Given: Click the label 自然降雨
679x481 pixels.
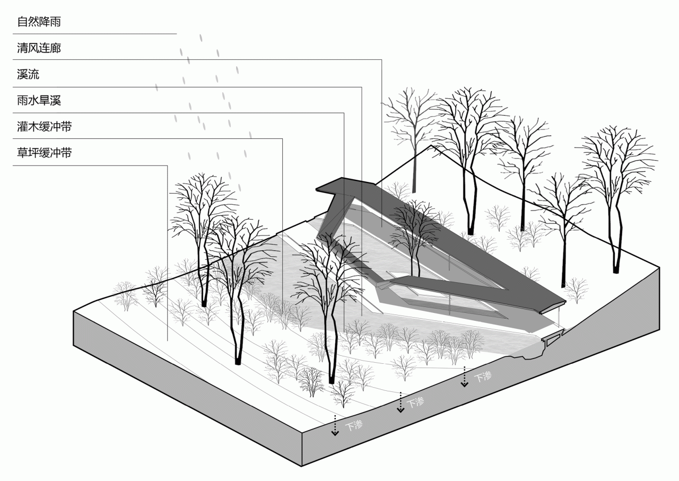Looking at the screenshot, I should coord(39,22).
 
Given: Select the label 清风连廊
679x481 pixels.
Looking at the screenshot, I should coord(39,48).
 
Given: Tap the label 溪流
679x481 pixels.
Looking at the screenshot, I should coord(28,74).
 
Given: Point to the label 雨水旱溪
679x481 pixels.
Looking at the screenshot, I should coord(39,101).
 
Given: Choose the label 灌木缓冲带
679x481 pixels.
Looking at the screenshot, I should coord(45,127).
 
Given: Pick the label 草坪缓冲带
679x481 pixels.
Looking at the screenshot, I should coord(45,153).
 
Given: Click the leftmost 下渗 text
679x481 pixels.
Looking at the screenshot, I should coord(354,424).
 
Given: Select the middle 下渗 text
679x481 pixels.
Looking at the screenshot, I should coord(415,403).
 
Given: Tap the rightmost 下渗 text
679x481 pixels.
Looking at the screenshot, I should coord(483,377).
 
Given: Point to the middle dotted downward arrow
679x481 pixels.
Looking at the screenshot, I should coord(401,404).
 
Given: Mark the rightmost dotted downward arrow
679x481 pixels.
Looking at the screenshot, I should coord(465,377).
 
